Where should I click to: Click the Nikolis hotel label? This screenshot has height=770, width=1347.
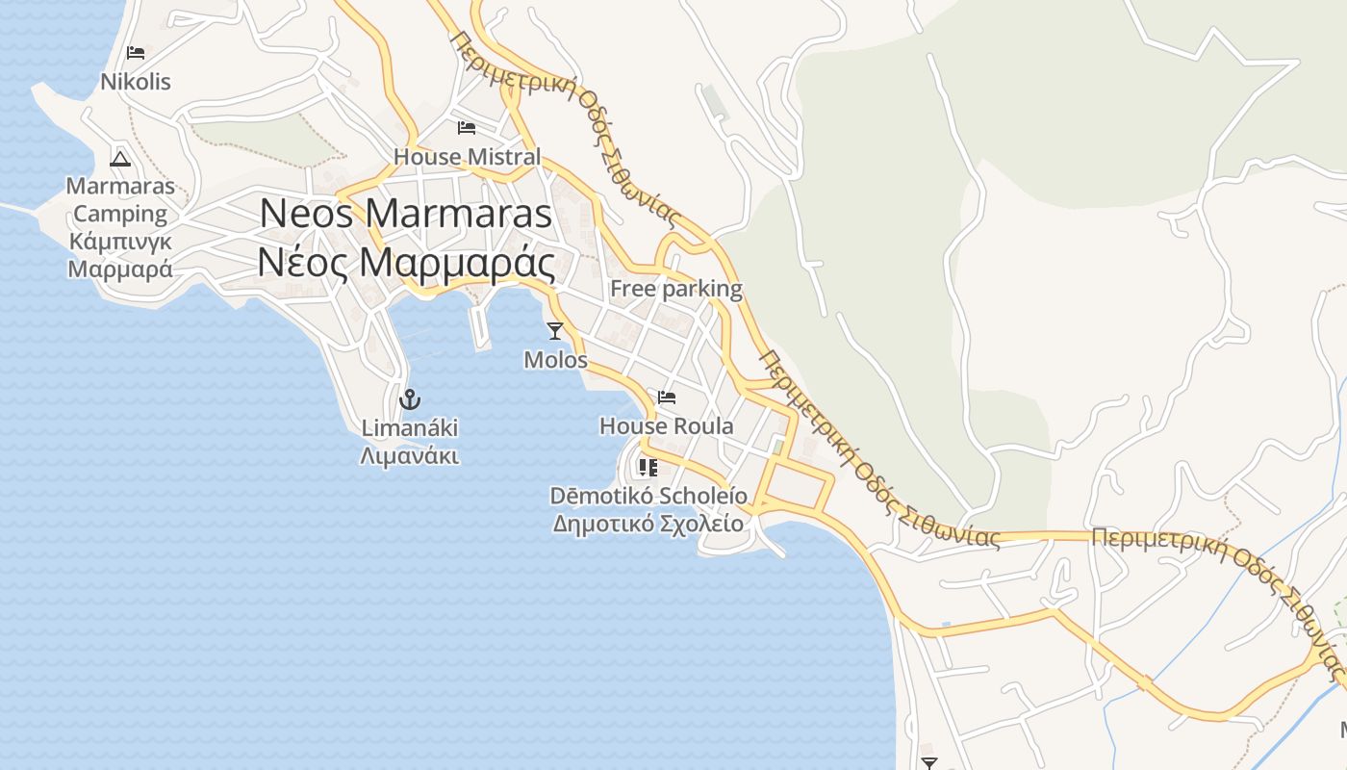[136, 82]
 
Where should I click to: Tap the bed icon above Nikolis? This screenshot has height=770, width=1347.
[136, 52]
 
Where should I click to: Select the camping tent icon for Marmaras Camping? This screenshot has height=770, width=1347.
[120, 159]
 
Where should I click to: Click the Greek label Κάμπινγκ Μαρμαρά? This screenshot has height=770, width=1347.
[120, 255]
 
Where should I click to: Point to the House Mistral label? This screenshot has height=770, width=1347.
[467, 156]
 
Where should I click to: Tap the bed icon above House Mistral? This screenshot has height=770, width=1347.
[467, 127]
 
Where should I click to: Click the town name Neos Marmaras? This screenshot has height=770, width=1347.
[406, 213]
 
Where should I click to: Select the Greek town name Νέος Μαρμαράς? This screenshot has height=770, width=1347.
[406, 262]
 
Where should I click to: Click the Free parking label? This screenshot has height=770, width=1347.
[675, 288]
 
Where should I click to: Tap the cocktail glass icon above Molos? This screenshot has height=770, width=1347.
[555, 331]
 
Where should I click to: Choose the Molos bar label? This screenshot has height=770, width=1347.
[555, 360]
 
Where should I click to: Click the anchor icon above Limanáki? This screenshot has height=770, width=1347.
[410, 398]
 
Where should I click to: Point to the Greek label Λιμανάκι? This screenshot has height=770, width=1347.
[410, 456]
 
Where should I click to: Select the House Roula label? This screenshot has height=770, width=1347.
[666, 425]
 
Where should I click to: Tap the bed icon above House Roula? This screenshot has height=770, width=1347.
[667, 397]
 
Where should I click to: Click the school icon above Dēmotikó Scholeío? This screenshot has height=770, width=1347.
[648, 468]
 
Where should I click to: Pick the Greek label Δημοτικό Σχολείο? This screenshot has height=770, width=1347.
[648, 524]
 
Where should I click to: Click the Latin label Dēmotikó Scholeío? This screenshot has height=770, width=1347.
[648, 496]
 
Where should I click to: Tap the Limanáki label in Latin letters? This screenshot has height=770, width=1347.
[410, 427]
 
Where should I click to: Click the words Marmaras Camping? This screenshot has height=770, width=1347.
[120, 199]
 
